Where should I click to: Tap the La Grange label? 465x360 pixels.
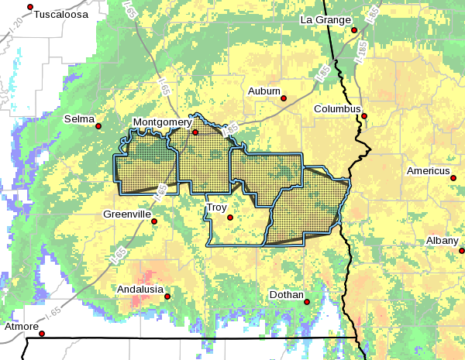pos(326,19)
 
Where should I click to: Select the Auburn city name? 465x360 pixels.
pos(263,91)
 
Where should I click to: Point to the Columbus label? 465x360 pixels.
pos(337,109)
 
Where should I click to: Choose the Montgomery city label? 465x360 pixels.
pos(162,122)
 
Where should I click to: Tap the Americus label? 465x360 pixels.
pos(429,170)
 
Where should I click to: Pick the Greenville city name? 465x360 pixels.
pos(126,214)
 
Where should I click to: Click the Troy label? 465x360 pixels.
pos(216,207)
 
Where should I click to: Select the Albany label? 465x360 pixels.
pos(442,241)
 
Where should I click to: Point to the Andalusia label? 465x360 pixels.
pos(139,289)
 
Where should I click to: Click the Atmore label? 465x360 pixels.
pos(22,326)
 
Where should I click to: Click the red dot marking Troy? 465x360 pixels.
pos(229,218)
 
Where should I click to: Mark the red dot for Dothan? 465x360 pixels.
pos(307,302)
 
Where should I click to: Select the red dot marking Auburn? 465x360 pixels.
pos(284,98)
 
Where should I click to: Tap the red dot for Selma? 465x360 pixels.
pos(98,126)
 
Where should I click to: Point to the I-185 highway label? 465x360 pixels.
pos(361,50)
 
